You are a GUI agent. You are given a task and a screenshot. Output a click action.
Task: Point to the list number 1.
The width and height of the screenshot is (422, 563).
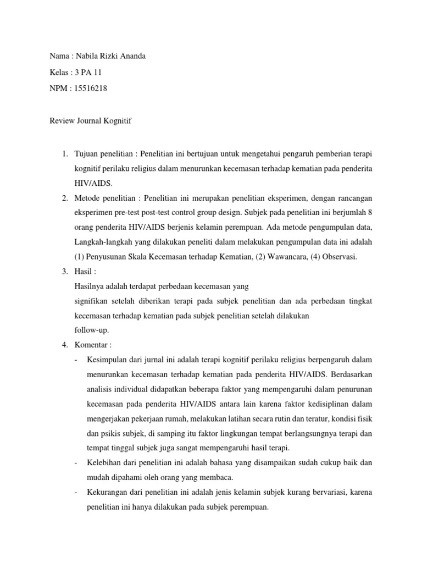pyautogui.click(x=63, y=152)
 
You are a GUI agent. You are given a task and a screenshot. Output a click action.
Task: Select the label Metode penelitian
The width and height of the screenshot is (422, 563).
pyautogui.click(x=105, y=197)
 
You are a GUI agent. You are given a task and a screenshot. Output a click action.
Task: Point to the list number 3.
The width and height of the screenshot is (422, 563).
pyautogui.click(x=63, y=271)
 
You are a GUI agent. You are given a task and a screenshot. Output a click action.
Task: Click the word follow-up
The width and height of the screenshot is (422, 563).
pyautogui.click(x=92, y=330)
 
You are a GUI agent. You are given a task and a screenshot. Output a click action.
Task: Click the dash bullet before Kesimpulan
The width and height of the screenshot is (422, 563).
pyautogui.click(x=75, y=360)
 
